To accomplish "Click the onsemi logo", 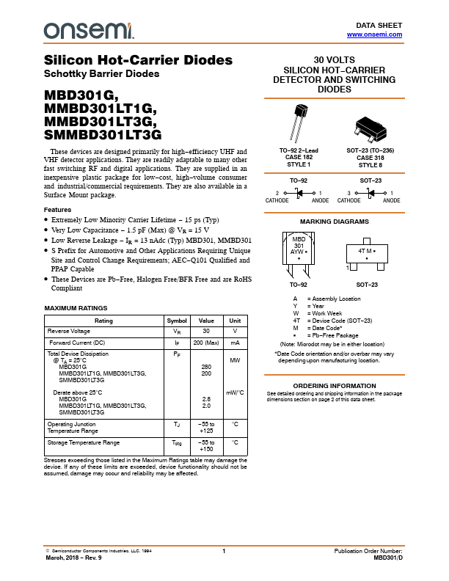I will click(x=89, y=30).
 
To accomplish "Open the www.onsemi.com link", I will click(x=374, y=34).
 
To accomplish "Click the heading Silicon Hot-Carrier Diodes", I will click(x=139, y=60).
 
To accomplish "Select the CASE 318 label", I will click(x=369, y=157).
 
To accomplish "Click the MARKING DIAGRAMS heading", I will click(x=334, y=221).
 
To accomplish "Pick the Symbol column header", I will click(x=177, y=321).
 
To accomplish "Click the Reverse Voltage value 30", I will click(x=206, y=332).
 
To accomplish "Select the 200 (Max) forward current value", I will click(x=206, y=343).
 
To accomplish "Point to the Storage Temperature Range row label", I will click(x=83, y=442).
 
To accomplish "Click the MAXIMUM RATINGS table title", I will click(x=76, y=308).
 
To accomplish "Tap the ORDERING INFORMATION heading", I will click(x=335, y=386).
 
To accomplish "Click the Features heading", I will click(x=58, y=210).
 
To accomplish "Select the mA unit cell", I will click(x=235, y=343).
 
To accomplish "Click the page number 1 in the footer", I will click(x=224, y=550).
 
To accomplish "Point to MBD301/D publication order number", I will click(x=388, y=558).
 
